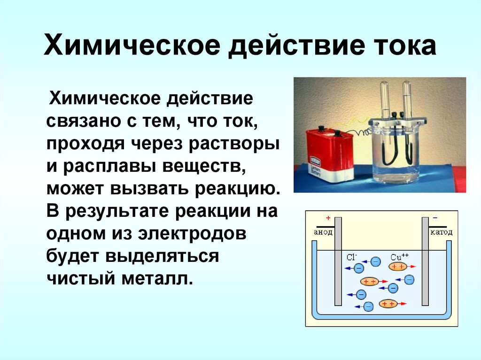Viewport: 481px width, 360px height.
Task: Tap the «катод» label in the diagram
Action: click(441, 232)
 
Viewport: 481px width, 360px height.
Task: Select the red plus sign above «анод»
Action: click(327, 219)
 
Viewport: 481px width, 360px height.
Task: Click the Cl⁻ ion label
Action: click(352, 257)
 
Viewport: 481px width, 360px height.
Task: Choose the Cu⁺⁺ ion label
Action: click(399, 257)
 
